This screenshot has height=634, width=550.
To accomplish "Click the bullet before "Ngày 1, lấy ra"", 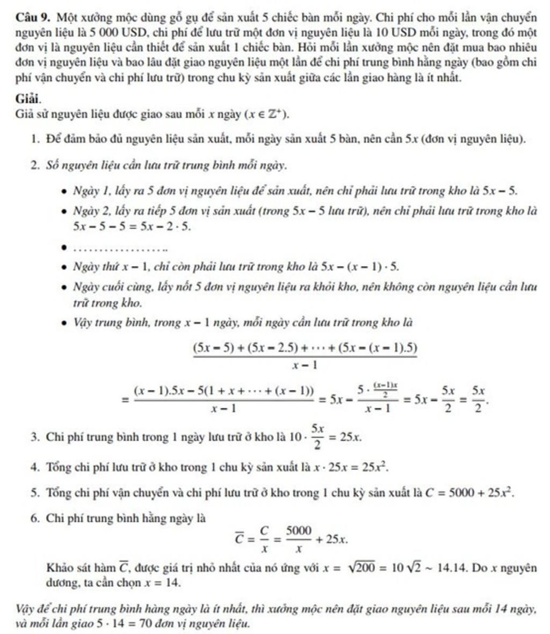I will coord(64,191).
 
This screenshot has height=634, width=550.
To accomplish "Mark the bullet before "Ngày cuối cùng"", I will coord(64,288).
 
